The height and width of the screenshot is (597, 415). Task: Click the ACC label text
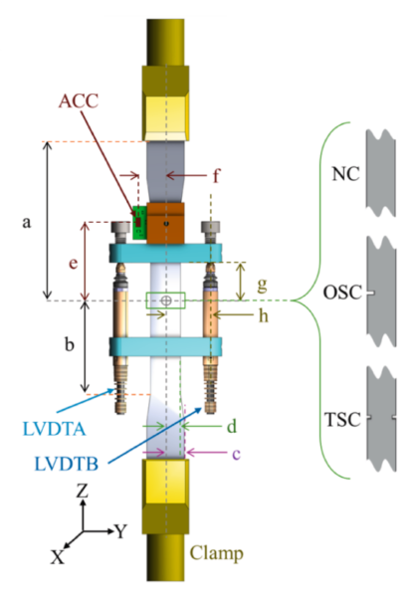(x=79, y=101)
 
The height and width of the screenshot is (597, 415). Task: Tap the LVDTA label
(x=55, y=429)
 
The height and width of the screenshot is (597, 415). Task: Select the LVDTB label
(x=67, y=464)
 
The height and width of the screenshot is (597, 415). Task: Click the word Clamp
(x=217, y=553)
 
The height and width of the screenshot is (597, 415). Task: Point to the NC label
(x=345, y=174)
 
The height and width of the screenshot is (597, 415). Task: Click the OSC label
(x=342, y=293)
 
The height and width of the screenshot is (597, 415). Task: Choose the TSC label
(x=342, y=420)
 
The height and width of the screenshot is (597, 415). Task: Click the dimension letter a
(x=26, y=222)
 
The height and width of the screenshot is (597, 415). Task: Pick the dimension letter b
(x=69, y=344)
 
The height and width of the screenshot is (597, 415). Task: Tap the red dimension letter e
(x=73, y=263)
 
